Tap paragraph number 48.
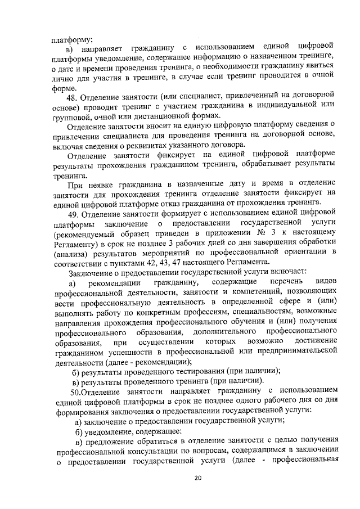pyautogui.click(x=72, y=94)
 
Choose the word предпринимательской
pyautogui.click(x=294, y=351)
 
